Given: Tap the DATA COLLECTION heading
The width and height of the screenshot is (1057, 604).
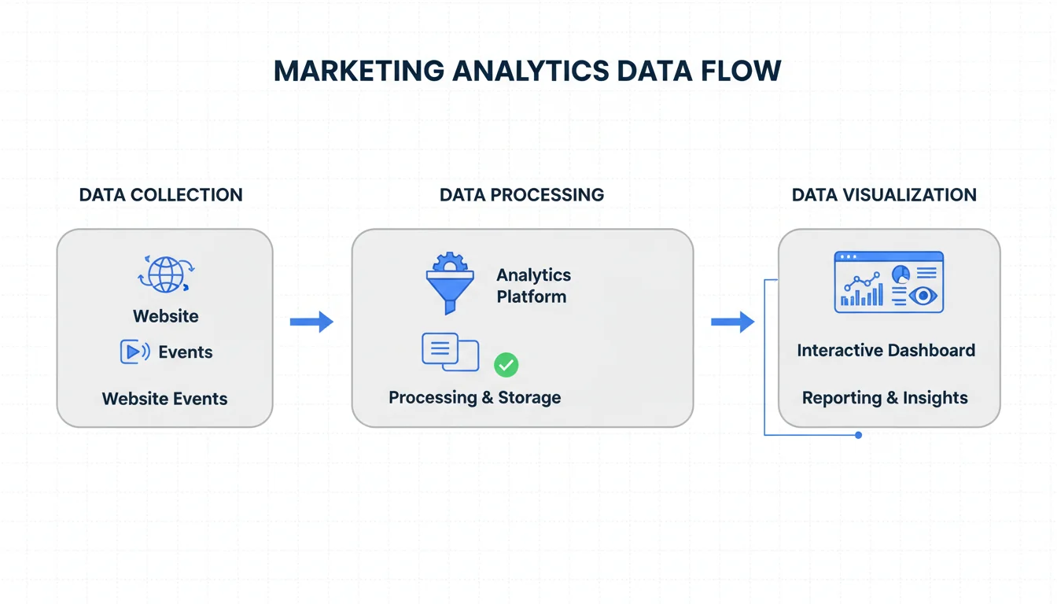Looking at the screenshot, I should click(x=160, y=195).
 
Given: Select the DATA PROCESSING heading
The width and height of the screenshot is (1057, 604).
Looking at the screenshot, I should click(x=521, y=195).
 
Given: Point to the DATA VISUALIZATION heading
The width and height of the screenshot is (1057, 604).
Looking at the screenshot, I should click(x=884, y=195).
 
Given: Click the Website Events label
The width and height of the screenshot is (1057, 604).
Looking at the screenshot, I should click(x=164, y=399).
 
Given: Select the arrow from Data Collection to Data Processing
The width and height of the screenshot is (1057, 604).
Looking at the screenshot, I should click(x=311, y=321).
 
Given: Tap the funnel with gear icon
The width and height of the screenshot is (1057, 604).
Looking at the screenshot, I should click(x=450, y=283).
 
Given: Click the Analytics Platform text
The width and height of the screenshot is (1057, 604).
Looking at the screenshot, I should click(x=533, y=285).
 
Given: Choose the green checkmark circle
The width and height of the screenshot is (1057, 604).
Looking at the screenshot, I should click(x=506, y=364).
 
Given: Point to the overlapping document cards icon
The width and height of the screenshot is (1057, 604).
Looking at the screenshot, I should click(x=450, y=352).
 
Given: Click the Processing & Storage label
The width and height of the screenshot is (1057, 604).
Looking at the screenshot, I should click(x=474, y=397).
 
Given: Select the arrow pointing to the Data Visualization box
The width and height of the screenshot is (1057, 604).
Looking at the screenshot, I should click(x=732, y=321).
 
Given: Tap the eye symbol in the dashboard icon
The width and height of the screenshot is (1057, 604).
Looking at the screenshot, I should click(x=922, y=296).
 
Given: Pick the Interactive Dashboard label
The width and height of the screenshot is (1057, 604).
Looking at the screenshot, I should click(x=886, y=351).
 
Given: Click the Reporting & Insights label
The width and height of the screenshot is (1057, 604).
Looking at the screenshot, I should click(x=885, y=398).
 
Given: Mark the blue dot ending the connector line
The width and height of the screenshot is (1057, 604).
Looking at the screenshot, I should click(x=858, y=435).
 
